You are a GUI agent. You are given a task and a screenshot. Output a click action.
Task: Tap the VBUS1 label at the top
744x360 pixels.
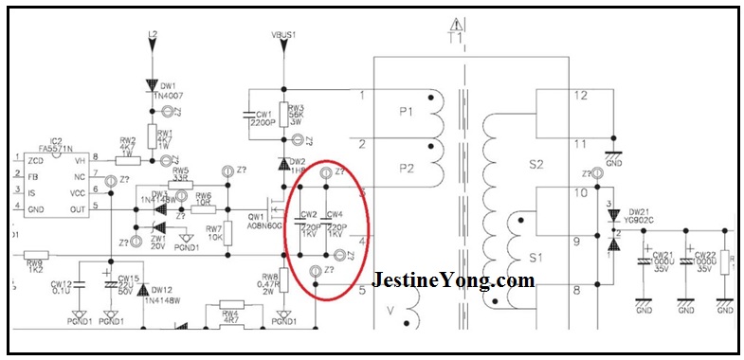click(x=284, y=35)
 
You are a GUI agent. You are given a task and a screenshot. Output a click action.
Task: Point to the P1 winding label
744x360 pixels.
click(x=407, y=113)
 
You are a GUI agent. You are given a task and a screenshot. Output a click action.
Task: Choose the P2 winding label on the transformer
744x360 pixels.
click(x=407, y=168)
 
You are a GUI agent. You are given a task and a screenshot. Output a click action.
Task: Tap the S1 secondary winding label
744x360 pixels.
click(x=537, y=257)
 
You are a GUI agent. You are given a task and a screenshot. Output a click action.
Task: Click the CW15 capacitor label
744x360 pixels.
click(x=129, y=278)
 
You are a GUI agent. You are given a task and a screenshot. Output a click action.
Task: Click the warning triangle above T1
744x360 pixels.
click(x=457, y=23)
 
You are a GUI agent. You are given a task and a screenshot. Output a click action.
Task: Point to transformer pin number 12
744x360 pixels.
click(x=581, y=95)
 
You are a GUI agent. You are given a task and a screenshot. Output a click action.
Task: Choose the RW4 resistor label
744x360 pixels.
click(x=229, y=314)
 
